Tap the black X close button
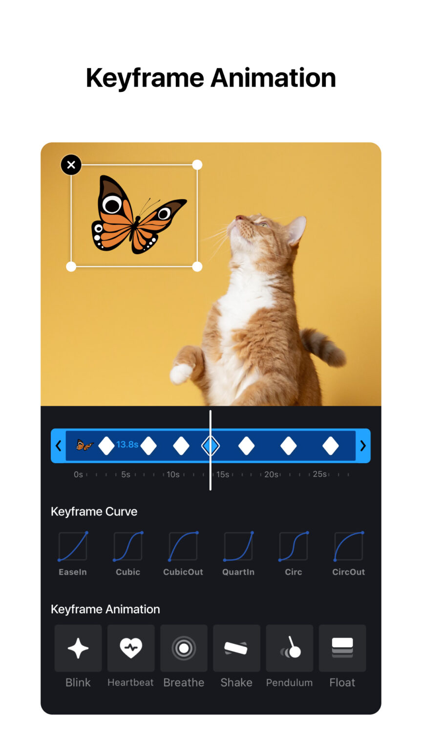click(71, 165)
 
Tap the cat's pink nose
click(239, 217)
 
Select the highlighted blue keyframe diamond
click(211, 446)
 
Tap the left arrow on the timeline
click(58, 446)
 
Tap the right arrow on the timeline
click(363, 446)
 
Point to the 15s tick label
click(223, 474)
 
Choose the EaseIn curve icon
click(73, 547)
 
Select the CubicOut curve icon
click(183, 547)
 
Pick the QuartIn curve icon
click(238, 547)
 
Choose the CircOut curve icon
click(349, 547)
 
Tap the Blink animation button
click(78, 648)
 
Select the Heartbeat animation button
click(131, 648)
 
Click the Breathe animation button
click(184, 648)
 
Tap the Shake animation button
click(236, 648)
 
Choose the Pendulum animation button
click(290, 648)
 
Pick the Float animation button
click(342, 648)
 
